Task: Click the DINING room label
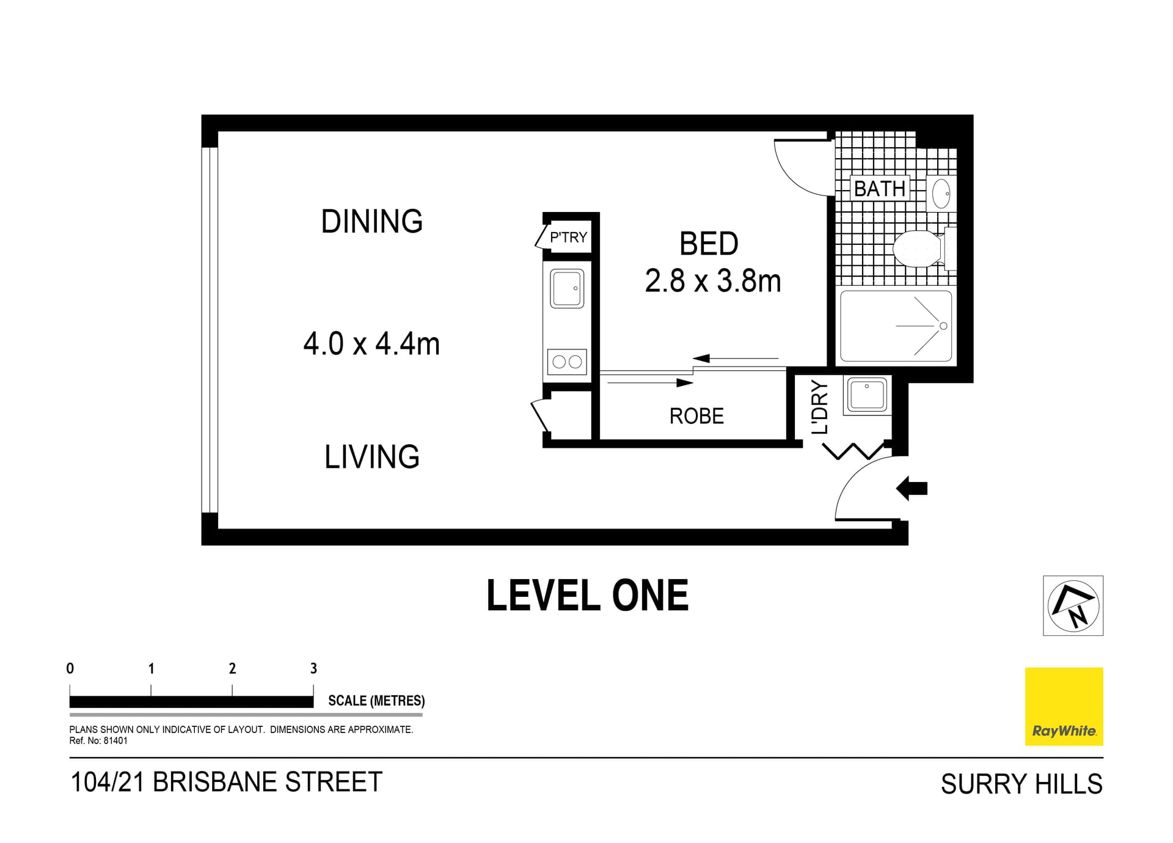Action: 371,221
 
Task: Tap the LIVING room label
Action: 371,457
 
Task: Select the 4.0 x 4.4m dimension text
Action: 371,344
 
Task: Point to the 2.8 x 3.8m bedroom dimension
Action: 712,281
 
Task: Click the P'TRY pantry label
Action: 568,237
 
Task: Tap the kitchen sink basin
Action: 567,288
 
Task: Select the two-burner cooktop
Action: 567,362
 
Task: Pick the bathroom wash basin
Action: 941,194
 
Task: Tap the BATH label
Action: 879,189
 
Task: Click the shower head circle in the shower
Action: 943,326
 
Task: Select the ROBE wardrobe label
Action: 696,416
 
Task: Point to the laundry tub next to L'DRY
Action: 867,395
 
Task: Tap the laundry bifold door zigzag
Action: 853,451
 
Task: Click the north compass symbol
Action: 1073,605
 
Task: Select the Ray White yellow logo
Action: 1064,706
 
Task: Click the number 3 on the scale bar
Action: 313,668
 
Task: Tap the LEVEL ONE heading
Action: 587,596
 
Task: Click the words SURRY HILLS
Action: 1021,784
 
